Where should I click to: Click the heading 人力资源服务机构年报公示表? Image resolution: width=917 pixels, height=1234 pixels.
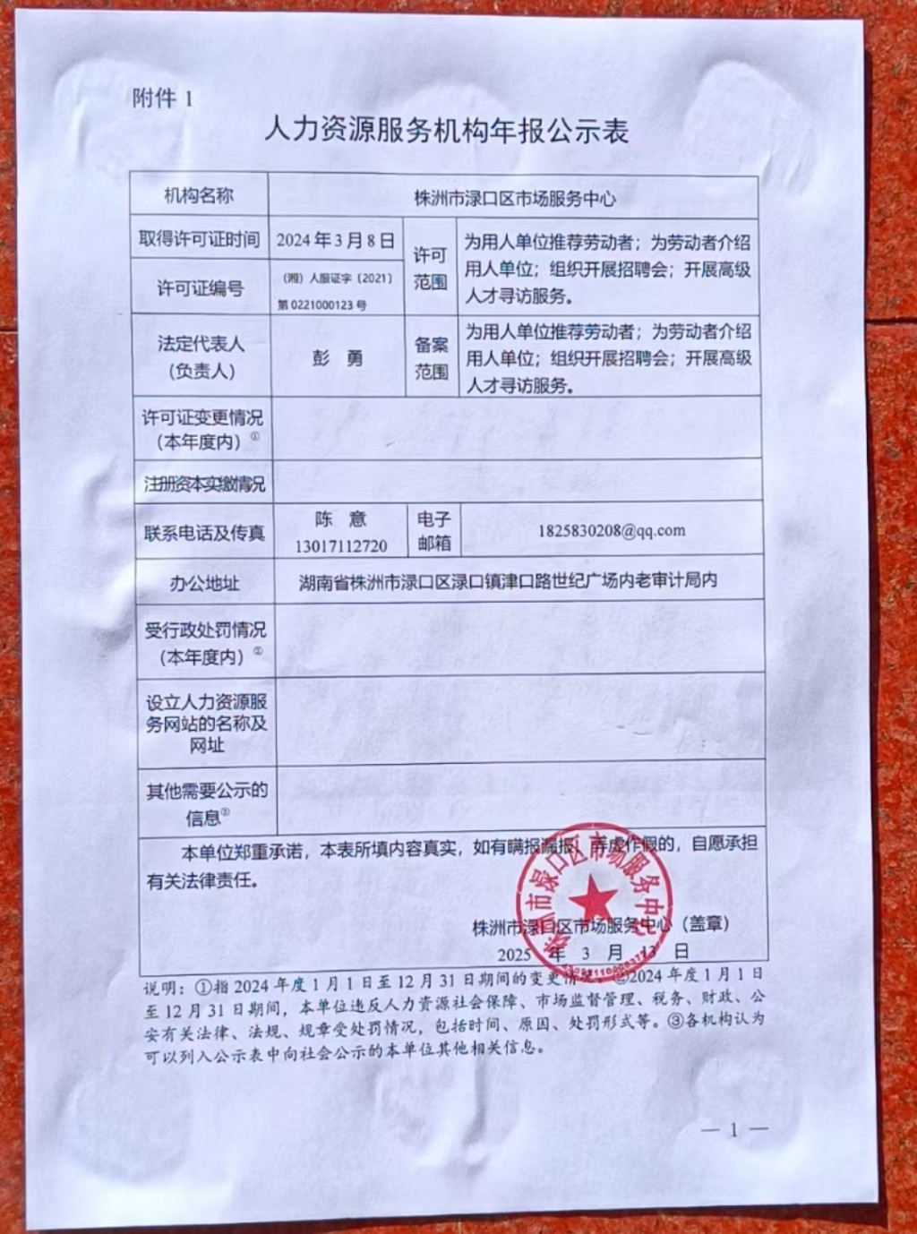[x=446, y=131]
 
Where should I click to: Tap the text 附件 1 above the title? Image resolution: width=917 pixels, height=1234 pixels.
[x=163, y=98]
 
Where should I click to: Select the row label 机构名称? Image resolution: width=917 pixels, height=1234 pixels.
[x=199, y=196]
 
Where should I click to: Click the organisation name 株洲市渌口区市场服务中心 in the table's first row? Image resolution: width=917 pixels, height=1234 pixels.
[x=514, y=198]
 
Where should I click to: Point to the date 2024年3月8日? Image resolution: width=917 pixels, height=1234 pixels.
[x=335, y=240]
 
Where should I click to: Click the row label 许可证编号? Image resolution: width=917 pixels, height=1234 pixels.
[x=200, y=288]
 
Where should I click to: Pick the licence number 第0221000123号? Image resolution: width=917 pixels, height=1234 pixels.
[x=321, y=304]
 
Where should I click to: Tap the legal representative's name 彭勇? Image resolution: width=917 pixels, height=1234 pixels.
[x=338, y=358]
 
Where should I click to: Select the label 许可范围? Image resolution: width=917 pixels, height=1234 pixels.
[x=430, y=269]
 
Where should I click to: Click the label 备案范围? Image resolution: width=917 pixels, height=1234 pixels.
[x=431, y=357]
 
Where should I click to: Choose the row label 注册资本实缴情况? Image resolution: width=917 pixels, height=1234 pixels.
[x=204, y=484]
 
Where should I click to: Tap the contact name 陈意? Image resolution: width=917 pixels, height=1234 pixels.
[x=340, y=519]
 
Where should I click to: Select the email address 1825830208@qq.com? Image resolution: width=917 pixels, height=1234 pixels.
[x=612, y=530]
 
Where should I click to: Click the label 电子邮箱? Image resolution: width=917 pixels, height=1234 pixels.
[x=434, y=531]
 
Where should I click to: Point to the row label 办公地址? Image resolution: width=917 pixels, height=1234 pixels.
[x=205, y=584]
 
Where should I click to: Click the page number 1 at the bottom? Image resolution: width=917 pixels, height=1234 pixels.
[x=733, y=1130]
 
